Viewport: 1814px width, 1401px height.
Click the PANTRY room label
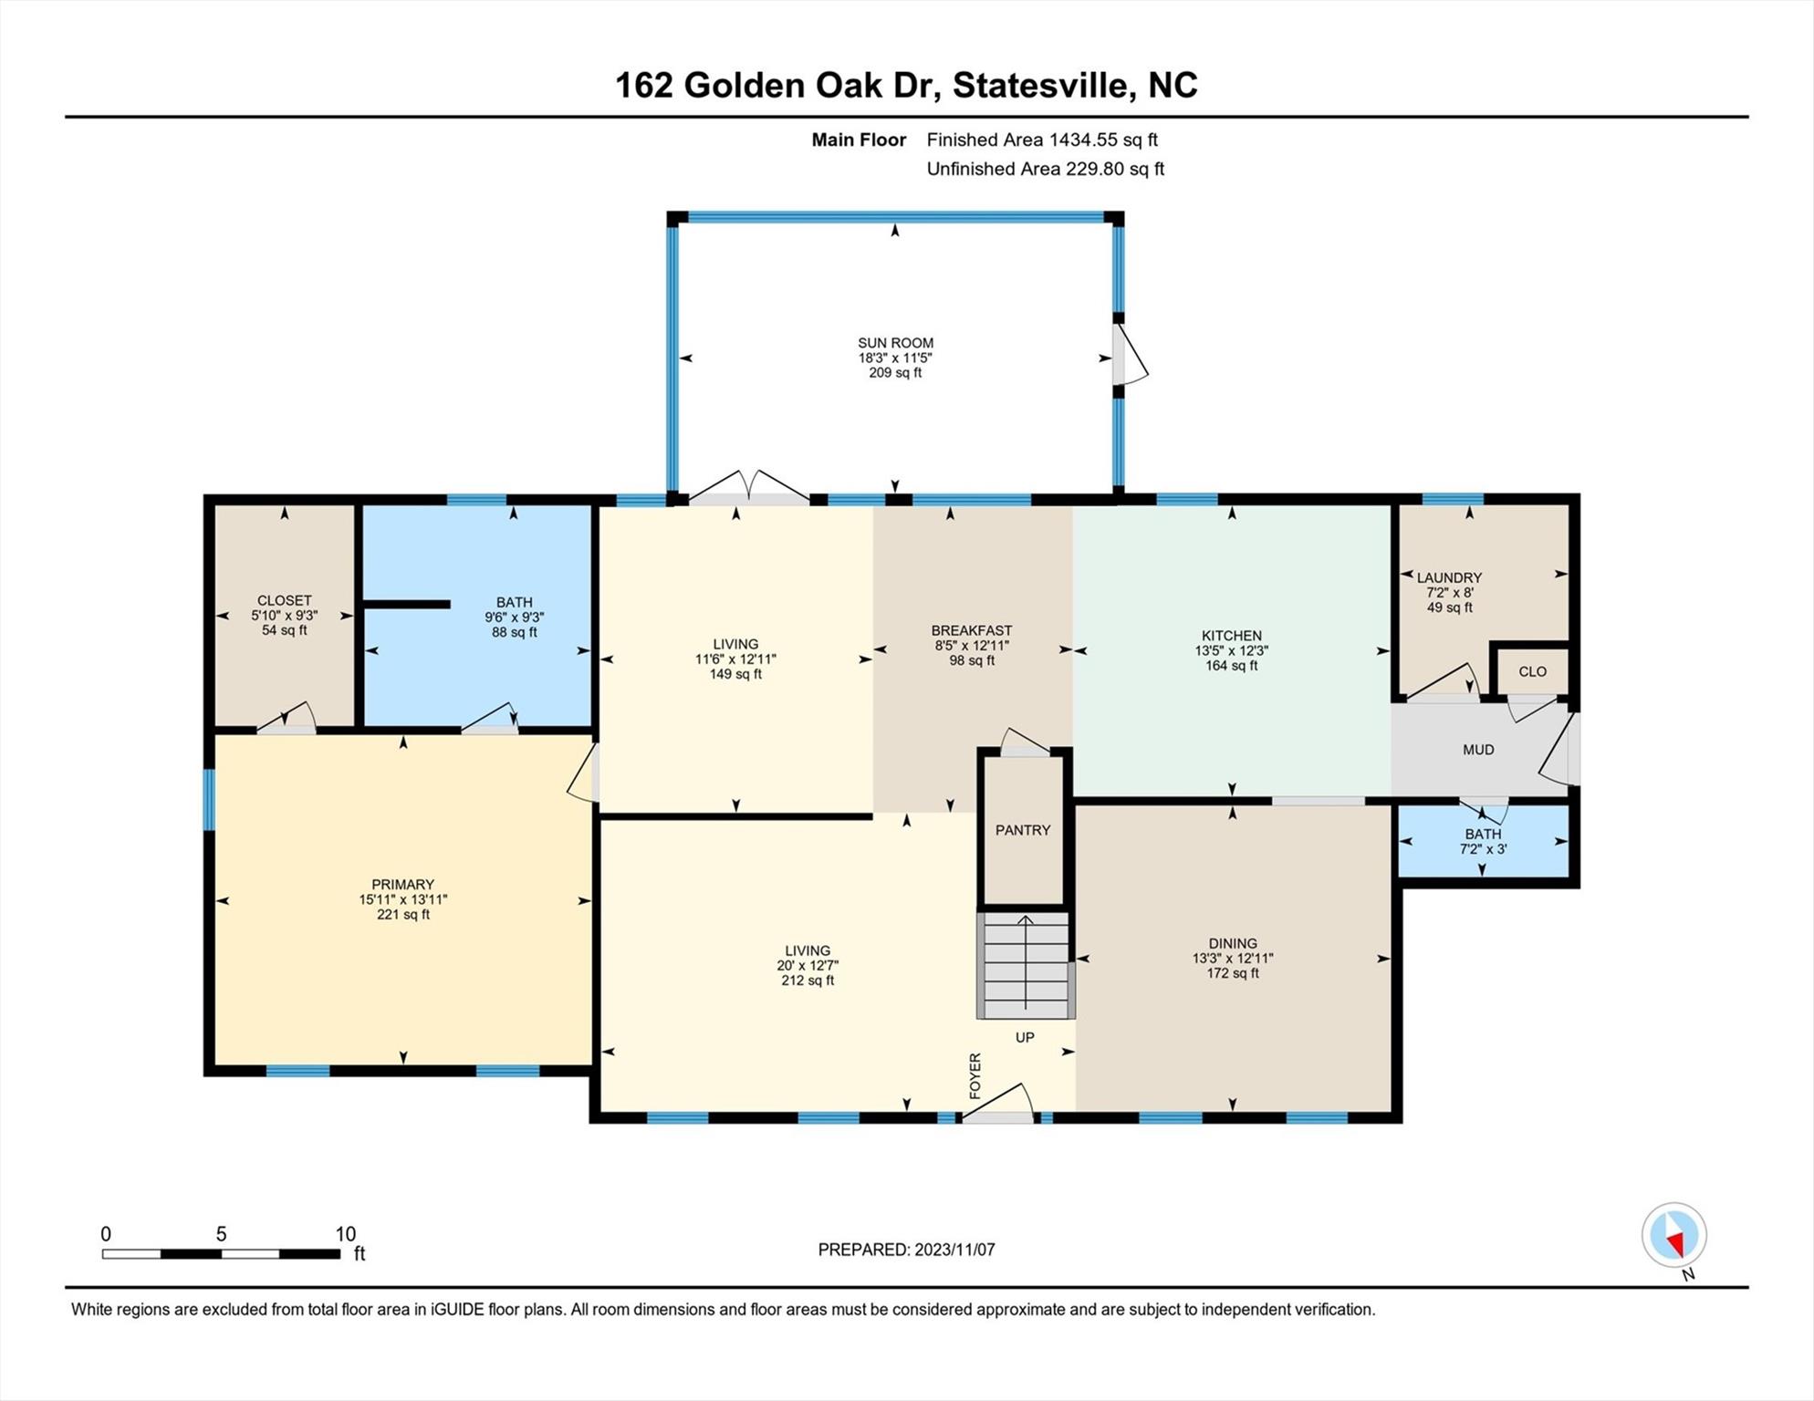(1023, 830)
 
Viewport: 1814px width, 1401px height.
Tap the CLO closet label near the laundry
(1533, 671)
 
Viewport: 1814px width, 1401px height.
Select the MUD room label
(1478, 750)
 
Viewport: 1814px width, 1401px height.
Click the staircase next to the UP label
(1026, 965)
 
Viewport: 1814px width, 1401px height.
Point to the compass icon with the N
(1674, 1236)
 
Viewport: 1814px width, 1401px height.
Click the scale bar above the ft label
(221, 1254)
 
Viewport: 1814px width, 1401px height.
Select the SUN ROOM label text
(895, 343)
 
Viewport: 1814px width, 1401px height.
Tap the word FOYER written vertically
(975, 1075)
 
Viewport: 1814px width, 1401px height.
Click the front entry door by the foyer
(998, 1105)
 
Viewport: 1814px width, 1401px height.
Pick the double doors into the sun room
(749, 487)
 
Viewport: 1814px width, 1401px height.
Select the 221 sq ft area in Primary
(403, 915)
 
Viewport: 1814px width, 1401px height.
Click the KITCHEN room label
(1232, 636)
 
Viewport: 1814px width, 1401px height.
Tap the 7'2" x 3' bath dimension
(1483, 849)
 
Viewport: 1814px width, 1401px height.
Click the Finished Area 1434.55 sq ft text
(1042, 140)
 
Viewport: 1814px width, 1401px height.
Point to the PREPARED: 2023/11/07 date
(906, 1250)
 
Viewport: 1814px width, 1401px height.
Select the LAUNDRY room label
(1449, 577)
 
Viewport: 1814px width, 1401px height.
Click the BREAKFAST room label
(972, 630)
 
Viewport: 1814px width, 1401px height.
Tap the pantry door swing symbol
(1025, 742)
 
